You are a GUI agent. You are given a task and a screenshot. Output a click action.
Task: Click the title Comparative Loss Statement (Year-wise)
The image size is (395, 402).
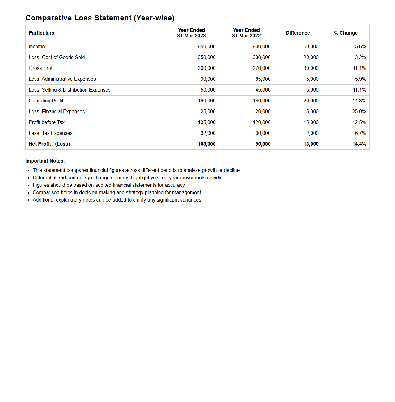point(100,18)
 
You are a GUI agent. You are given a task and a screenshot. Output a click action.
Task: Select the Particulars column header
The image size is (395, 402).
point(41,33)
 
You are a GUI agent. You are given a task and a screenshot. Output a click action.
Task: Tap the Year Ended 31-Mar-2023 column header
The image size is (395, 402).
point(191,33)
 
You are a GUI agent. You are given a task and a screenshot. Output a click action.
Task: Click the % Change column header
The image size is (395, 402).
point(346,33)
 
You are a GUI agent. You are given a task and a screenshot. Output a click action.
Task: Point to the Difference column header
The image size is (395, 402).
point(298,33)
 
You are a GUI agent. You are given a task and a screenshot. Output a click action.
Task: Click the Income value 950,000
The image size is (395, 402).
point(206,47)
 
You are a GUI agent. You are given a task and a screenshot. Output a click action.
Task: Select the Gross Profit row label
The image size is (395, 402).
point(42,68)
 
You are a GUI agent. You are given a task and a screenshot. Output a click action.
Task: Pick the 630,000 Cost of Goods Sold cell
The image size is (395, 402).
point(261,58)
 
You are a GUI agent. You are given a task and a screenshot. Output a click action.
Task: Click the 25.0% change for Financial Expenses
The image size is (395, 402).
point(359,112)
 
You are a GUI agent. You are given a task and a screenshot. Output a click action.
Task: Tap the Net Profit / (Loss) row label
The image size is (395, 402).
point(49,144)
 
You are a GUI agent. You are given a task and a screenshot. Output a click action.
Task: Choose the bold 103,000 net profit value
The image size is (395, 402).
point(206,144)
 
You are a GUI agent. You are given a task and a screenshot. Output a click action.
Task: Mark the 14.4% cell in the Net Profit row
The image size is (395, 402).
point(359,144)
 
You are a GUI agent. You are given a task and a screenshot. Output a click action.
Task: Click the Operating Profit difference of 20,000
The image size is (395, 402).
point(311,101)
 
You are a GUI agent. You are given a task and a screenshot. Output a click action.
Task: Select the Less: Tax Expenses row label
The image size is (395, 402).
point(51,133)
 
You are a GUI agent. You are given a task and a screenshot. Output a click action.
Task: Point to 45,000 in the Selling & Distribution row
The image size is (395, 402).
point(263,90)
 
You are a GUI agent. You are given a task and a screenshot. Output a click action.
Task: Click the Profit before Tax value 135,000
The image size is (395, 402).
point(206,122)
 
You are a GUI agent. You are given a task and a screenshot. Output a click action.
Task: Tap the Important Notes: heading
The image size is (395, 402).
point(45,161)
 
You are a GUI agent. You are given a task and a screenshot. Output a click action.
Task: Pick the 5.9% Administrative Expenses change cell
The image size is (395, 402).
point(360,79)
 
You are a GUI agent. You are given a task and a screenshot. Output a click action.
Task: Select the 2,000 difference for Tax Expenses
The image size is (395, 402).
point(312,133)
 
